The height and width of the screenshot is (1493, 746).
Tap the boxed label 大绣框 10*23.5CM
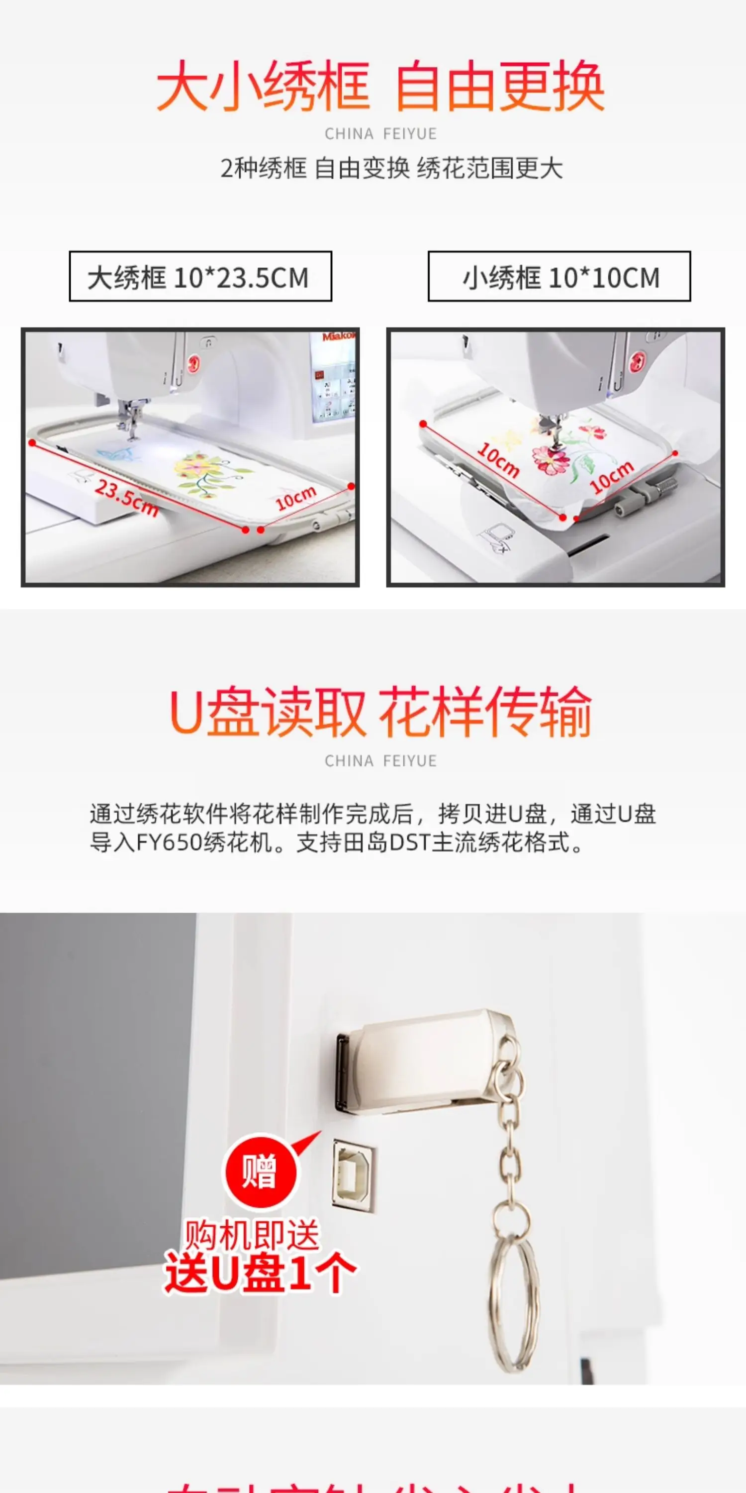click(200, 277)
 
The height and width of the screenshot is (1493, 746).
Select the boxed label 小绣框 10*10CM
click(559, 277)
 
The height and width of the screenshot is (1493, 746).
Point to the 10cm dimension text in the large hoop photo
click(295, 497)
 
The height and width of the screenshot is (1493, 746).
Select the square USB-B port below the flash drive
click(352, 1174)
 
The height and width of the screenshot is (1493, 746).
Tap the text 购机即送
click(252, 1235)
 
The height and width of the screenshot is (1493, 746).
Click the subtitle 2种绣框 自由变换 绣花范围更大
click(391, 169)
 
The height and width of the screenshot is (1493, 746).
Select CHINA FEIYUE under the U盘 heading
click(380, 760)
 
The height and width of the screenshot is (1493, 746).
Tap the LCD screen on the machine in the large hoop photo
click(333, 383)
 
